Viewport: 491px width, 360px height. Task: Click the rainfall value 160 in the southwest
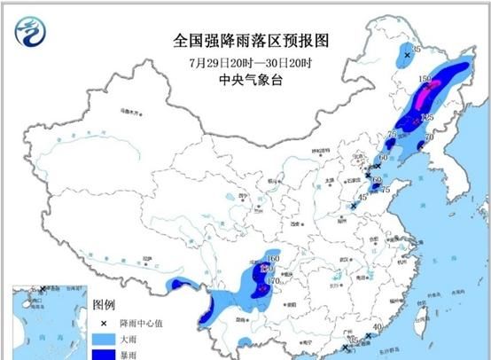point(273,255)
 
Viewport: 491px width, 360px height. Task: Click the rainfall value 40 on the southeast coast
point(378,327)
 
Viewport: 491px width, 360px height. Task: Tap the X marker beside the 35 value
point(407,55)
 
